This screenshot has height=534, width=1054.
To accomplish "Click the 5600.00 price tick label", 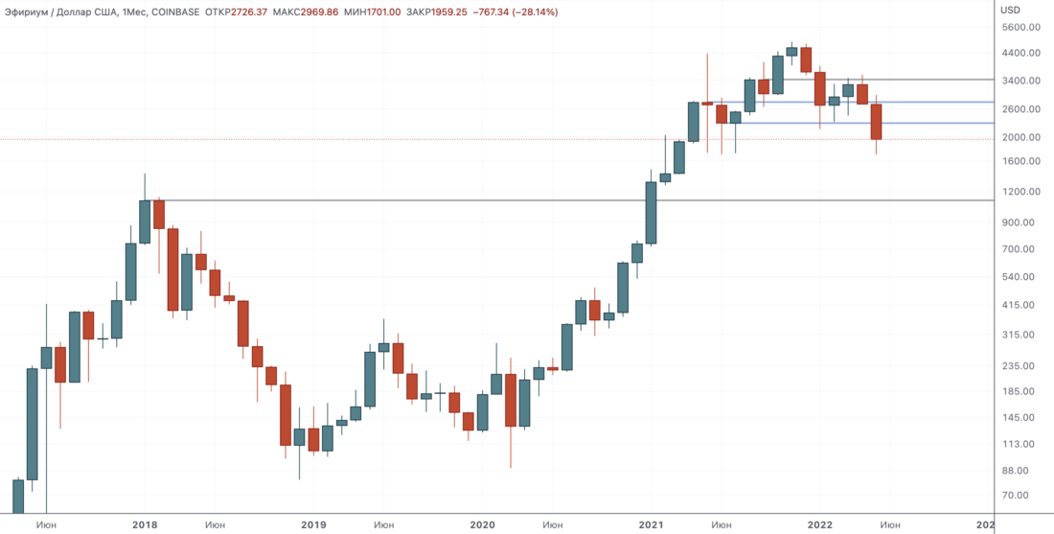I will [1020, 27].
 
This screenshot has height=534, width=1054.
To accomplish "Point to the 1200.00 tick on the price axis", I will [1020, 192].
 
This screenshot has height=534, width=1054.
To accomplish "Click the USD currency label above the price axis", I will [1010, 10].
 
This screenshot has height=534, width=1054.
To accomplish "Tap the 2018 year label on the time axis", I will [145, 524].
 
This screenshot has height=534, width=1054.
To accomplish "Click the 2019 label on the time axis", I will [313, 524].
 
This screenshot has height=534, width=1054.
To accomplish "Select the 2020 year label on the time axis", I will [482, 524].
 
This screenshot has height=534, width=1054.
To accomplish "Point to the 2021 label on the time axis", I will [651, 524].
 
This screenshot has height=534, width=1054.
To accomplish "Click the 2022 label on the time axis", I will [819, 524].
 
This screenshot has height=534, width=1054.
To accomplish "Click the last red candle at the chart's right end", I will [876, 122].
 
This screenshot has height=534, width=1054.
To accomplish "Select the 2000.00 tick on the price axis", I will [1020, 137].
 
